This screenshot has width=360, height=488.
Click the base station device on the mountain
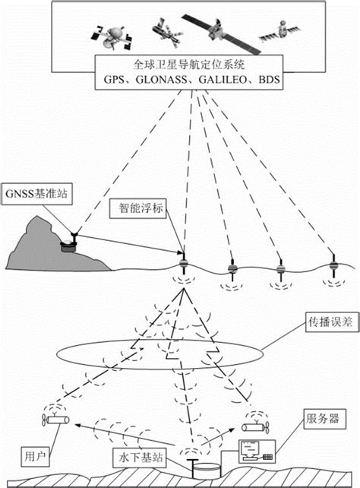(69, 242)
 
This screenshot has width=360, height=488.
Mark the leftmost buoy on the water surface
(182, 265)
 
